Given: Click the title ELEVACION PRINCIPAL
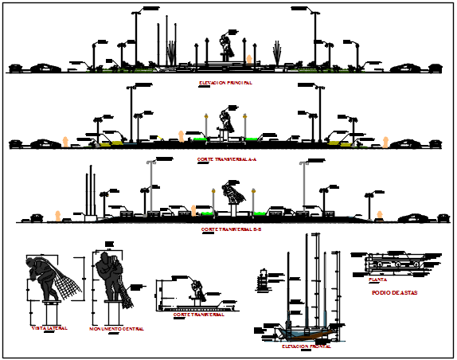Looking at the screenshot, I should point(225,83).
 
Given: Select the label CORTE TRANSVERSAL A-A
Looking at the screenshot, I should point(225,159).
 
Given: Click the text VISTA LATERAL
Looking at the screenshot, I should point(49,328).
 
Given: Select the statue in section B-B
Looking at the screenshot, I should point(232,193).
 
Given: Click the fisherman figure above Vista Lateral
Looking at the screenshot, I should point(49,279).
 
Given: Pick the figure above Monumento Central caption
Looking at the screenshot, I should point(109,277).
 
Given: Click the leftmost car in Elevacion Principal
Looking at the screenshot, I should point(44,68).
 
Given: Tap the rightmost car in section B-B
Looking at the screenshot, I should point(414,216).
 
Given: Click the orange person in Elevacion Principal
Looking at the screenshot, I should point(250,59).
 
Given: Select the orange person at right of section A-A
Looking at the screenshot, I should point(386,142).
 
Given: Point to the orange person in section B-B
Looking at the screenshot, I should point(58,214).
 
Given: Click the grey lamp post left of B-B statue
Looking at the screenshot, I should point(149,187).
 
